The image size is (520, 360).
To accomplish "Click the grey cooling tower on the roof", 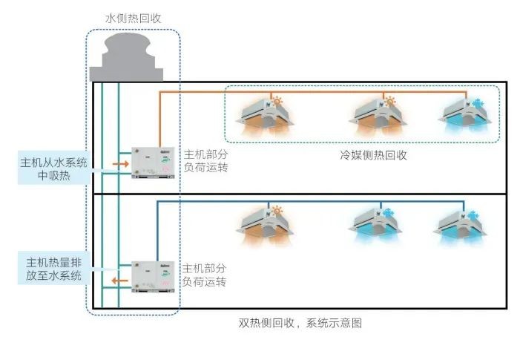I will click(126, 58).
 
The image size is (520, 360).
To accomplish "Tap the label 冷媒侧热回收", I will click(363, 155).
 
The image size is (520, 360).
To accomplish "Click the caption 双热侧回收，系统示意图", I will click(300, 324).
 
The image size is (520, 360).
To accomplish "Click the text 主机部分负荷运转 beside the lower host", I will click(204, 275).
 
